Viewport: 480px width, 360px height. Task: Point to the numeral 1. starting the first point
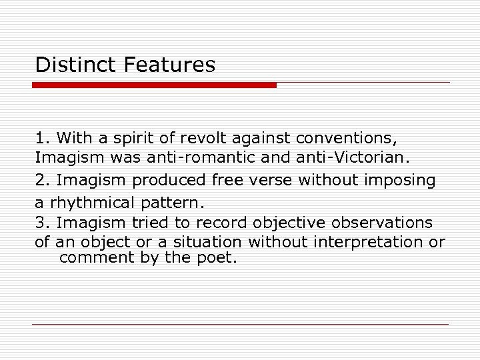43,139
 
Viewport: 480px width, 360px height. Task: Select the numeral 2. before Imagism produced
43,180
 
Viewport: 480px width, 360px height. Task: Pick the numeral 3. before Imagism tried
43,222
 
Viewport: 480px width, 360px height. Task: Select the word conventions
346,139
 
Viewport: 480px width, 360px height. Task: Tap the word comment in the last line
97,257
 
